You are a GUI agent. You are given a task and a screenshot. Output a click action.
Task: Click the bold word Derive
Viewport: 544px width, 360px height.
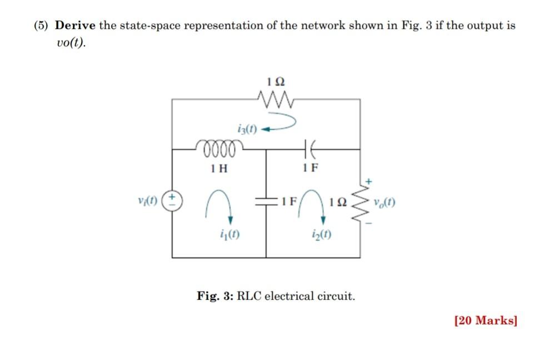pyautogui.click(x=76, y=26)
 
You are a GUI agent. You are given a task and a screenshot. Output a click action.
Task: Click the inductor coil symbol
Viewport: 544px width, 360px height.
pyautogui.click(x=218, y=148)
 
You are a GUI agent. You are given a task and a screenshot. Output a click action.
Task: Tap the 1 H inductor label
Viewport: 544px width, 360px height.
pyautogui.click(x=219, y=168)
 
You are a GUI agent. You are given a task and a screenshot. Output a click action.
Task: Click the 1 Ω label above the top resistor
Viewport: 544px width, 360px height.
pyautogui.click(x=276, y=81)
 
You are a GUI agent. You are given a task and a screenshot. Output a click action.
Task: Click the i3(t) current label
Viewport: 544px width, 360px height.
pyautogui.click(x=247, y=129)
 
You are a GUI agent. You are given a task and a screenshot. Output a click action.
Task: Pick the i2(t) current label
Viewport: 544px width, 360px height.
pyautogui.click(x=322, y=234)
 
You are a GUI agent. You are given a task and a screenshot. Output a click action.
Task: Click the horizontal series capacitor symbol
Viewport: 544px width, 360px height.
pyautogui.click(x=310, y=149)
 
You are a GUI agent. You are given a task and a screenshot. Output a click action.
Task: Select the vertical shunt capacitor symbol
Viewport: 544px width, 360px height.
pyautogui.click(x=266, y=200)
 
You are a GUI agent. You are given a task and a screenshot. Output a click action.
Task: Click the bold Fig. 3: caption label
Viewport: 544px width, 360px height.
pyautogui.click(x=216, y=296)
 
